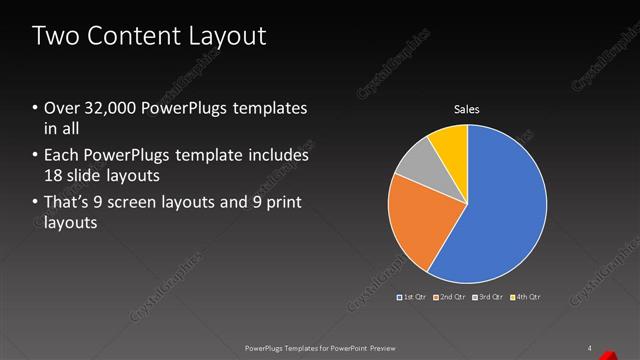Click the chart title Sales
pyautogui.click(x=467, y=109)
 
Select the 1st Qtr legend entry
pyautogui.click(x=414, y=297)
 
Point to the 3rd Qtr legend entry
pyautogui.click(x=489, y=297)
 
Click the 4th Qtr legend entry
pyautogui.click(x=526, y=297)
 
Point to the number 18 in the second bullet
pyautogui.click(x=53, y=174)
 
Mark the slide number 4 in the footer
pyautogui.click(x=590, y=348)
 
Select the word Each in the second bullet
pyautogui.click(x=59, y=157)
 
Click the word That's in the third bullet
pyautogui.click(x=66, y=204)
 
